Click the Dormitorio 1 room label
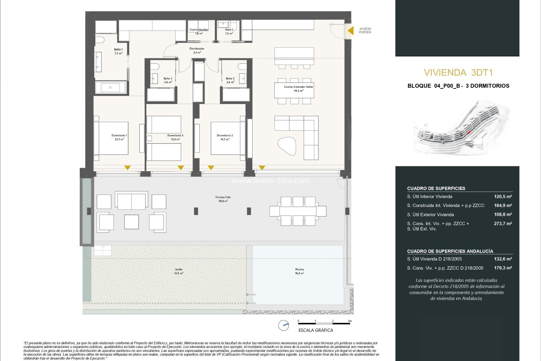coord(119,137)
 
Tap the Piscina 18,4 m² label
coord(299,271)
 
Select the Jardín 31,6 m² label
coord(179,271)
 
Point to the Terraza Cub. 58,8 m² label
coord(223,199)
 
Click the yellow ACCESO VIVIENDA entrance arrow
coord(351,30)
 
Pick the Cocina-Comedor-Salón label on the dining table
coord(298,88)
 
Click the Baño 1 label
coord(118,51)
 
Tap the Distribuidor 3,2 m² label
coord(197,50)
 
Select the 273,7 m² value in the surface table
coord(503,223)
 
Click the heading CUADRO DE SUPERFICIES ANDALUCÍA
coord(450,251)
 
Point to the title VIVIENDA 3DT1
coord(458,72)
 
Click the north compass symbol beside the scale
coord(283,325)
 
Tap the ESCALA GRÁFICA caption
coord(316,330)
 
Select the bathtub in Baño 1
coord(110,87)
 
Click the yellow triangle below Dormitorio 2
coord(211,168)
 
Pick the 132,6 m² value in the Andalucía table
coord(503,259)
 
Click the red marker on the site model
coord(469,133)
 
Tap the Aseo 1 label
coord(229,31)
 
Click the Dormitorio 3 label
coord(175,137)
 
